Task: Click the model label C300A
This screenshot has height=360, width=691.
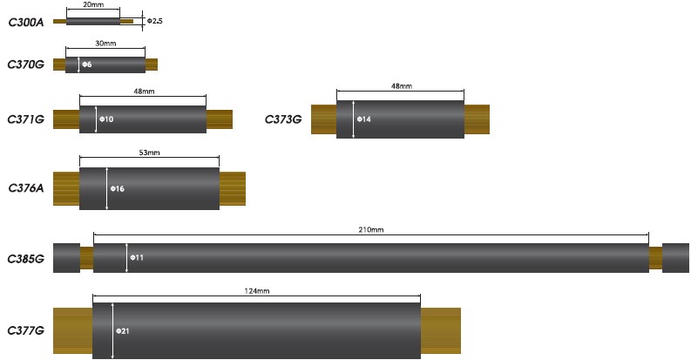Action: (26, 22)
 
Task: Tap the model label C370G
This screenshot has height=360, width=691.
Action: (26, 65)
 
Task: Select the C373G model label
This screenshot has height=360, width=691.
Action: (283, 119)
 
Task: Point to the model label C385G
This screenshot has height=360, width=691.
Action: (26, 259)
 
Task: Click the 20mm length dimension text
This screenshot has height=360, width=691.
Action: (93, 4)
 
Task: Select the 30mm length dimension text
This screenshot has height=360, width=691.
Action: (105, 44)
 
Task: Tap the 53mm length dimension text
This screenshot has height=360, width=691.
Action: (149, 153)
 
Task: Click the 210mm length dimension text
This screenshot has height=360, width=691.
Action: (371, 229)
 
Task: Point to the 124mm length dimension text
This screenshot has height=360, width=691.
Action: (257, 291)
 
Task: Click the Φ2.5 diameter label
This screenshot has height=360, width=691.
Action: (155, 21)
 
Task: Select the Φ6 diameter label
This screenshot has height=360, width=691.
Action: (87, 65)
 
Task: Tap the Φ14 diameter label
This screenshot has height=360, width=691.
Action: (364, 119)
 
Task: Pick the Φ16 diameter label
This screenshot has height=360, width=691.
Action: (118, 188)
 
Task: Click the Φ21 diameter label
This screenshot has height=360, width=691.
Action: (123, 331)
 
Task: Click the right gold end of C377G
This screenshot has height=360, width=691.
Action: (441, 331)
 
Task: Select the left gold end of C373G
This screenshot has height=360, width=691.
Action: (324, 119)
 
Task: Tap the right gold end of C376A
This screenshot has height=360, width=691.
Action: (233, 188)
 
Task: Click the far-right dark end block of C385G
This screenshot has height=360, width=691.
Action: (675, 258)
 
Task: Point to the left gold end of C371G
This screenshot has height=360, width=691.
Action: (66, 119)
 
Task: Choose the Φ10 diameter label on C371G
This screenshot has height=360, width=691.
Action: (106, 119)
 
